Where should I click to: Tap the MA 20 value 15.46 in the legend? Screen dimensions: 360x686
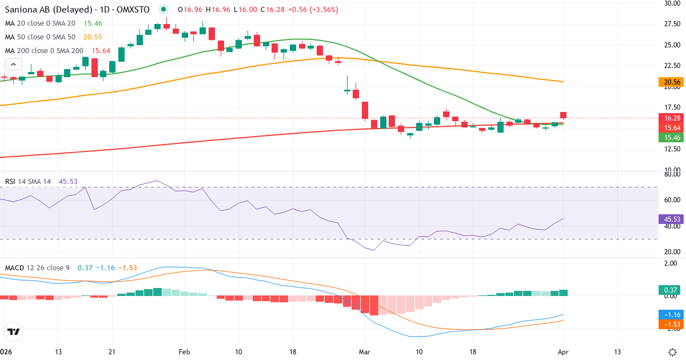point(93,23)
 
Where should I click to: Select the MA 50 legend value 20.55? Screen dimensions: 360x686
point(93,37)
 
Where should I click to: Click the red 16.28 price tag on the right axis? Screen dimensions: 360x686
point(669,118)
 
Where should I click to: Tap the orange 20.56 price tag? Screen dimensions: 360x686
point(669,82)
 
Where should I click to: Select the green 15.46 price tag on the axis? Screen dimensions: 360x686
point(669,137)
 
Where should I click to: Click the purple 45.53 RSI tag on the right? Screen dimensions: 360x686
point(669,219)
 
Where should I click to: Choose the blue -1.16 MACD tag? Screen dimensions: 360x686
point(669,315)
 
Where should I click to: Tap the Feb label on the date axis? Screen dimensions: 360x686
point(184,351)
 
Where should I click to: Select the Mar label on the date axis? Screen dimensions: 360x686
point(365,351)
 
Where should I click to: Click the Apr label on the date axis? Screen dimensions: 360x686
point(563,351)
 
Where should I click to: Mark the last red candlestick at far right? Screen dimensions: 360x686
point(563,115)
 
